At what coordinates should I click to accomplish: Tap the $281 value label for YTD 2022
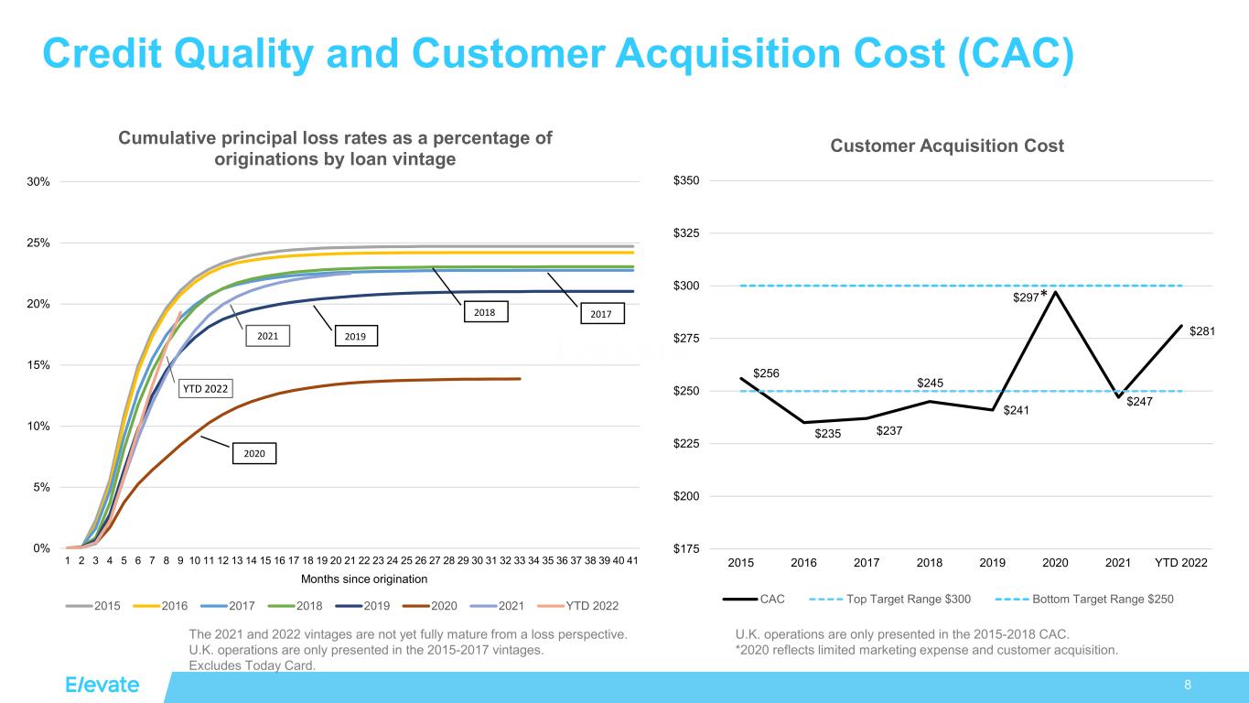tap(1201, 331)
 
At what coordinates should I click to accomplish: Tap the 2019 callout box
tap(355, 336)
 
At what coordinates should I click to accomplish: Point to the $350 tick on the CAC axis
tap(688, 181)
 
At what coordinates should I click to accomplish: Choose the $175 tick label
tap(688, 549)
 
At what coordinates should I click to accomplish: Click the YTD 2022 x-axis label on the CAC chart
tap(1180, 562)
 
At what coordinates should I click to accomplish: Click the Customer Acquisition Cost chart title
tap(947, 146)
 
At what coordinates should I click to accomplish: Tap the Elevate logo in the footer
tap(102, 686)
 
